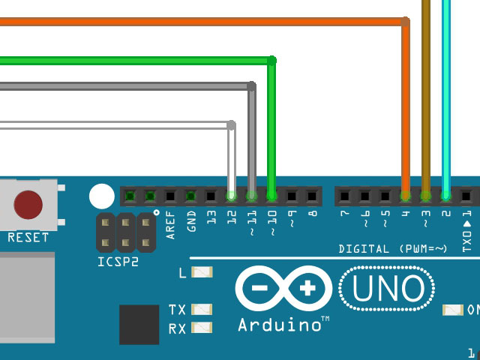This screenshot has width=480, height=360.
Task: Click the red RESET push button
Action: [28, 203]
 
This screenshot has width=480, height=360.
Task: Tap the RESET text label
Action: [28, 238]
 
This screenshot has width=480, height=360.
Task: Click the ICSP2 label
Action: [119, 262]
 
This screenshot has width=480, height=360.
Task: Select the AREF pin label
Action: [171, 224]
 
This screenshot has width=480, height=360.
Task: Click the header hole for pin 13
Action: [211, 196]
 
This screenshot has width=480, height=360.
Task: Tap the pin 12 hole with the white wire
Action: [232, 196]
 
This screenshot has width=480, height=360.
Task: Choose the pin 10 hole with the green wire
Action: [271, 196]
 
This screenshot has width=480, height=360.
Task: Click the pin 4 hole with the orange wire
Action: [406, 196]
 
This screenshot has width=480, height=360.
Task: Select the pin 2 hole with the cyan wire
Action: [446, 196]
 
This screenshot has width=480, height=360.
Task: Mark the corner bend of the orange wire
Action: [406, 22]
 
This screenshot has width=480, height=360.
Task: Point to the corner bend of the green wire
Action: [271, 60]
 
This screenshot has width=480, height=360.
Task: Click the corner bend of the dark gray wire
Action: [251, 86]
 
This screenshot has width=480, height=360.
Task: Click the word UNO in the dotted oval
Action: [387, 289]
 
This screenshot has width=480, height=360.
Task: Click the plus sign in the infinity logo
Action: [307, 289]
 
